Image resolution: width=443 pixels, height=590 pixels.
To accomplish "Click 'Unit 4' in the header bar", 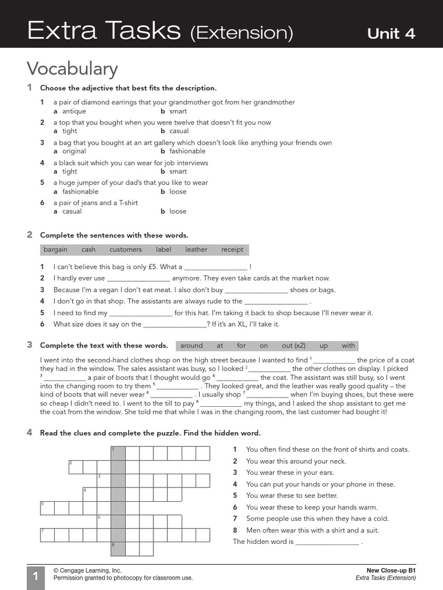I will click(x=391, y=33).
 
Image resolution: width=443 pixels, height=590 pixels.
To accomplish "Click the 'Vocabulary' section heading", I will click(x=72, y=69).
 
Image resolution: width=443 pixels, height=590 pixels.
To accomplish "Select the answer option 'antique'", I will click(x=74, y=111).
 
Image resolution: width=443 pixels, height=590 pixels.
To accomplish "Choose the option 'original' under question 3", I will click(x=74, y=151).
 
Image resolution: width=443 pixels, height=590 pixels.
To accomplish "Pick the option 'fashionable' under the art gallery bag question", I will click(x=187, y=151).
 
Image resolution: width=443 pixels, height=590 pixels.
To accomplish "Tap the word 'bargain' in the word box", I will click(x=55, y=249).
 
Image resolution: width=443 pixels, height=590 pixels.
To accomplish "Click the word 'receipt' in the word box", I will click(x=232, y=249).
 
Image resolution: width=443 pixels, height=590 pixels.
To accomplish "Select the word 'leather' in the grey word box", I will click(x=196, y=249).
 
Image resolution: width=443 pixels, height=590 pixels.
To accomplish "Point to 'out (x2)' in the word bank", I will click(x=294, y=346).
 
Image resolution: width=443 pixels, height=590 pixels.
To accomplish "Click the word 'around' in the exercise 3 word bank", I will click(x=192, y=346).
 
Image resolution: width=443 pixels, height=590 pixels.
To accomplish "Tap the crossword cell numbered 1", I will click(x=118, y=453).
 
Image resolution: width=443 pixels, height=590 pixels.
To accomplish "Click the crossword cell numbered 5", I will click(x=47, y=508).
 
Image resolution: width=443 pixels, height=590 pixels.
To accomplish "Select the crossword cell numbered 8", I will click(x=118, y=549).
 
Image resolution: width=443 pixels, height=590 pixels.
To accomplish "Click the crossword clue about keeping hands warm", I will click(x=311, y=508).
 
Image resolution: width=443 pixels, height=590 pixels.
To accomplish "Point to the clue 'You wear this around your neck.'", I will click(x=296, y=461).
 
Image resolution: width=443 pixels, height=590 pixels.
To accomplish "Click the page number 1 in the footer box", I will click(x=35, y=577).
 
